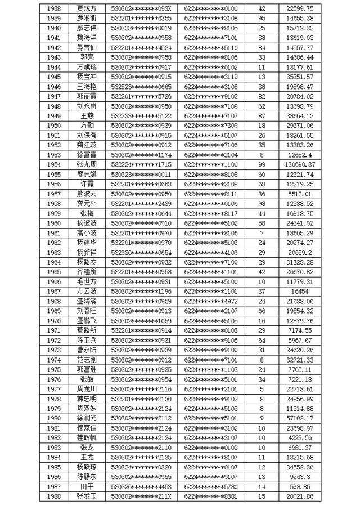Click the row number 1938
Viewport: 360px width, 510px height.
click(x=54, y=8)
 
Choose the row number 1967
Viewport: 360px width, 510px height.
click(x=54, y=291)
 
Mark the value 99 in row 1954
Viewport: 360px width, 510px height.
click(x=261, y=164)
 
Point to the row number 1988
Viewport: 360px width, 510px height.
click(x=54, y=496)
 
